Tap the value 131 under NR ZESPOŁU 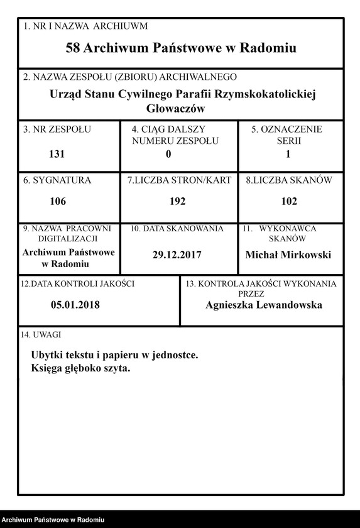(x=57, y=154)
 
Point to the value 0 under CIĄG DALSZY (x=168, y=154)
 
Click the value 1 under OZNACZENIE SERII (x=288, y=154)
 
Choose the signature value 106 (x=57, y=202)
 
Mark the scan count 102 (x=288, y=202)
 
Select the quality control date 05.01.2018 (x=75, y=305)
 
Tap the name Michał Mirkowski (x=288, y=255)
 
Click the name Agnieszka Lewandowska (x=264, y=305)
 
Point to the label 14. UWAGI (x=41, y=335)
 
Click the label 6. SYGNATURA (x=57, y=180)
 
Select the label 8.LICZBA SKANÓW (x=288, y=180)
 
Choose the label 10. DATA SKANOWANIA (x=177, y=229)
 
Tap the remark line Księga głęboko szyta (x=80, y=368)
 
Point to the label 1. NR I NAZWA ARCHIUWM (x=85, y=26)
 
